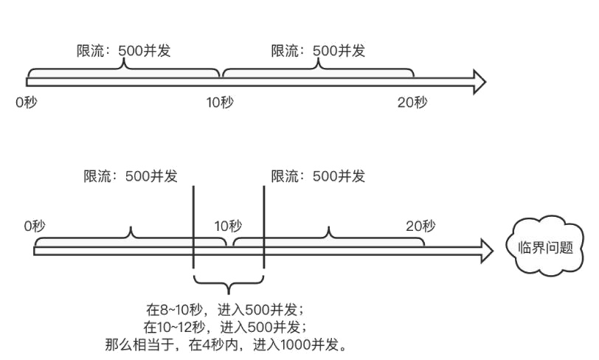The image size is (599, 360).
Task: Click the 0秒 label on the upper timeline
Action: [25, 102]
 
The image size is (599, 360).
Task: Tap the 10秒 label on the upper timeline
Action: [220, 102]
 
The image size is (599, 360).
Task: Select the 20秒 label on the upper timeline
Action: [412, 102]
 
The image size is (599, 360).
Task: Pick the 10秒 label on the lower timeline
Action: [227, 224]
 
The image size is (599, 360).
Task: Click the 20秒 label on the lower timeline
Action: [420, 224]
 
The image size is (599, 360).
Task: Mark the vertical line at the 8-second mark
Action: [193, 229]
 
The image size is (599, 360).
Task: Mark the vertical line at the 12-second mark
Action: [264, 229]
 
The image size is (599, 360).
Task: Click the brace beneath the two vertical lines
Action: [229, 283]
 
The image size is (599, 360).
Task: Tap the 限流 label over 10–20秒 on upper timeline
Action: [318, 51]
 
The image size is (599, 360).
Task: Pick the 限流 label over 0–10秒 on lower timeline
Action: [131, 176]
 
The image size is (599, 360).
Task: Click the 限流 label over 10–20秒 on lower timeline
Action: [318, 176]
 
